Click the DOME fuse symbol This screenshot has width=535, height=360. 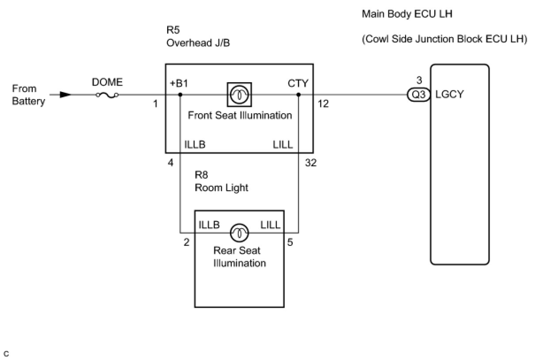[x=107, y=95]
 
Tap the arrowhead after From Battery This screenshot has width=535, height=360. [x=65, y=95]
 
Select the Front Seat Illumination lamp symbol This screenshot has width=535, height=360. [x=239, y=95]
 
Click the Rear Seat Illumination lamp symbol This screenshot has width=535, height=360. [x=239, y=233]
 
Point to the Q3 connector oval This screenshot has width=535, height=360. [x=418, y=95]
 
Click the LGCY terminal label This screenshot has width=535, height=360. [x=449, y=94]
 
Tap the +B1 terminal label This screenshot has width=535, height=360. [x=179, y=84]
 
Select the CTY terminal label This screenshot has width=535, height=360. [x=298, y=84]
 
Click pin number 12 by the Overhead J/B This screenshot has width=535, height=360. [x=323, y=103]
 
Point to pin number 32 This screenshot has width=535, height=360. [x=311, y=163]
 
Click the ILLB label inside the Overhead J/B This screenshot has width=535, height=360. [x=195, y=145]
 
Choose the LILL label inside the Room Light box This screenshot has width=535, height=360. [x=270, y=225]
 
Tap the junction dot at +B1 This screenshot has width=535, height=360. [x=180, y=95]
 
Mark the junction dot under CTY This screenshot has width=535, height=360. [x=298, y=95]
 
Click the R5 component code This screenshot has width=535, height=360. [x=173, y=30]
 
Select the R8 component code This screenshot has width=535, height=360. [x=201, y=175]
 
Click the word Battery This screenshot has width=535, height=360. [x=28, y=101]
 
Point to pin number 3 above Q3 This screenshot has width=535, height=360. [x=419, y=80]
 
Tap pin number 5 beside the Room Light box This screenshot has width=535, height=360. [x=290, y=242]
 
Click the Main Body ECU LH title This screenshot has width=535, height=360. [x=407, y=14]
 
